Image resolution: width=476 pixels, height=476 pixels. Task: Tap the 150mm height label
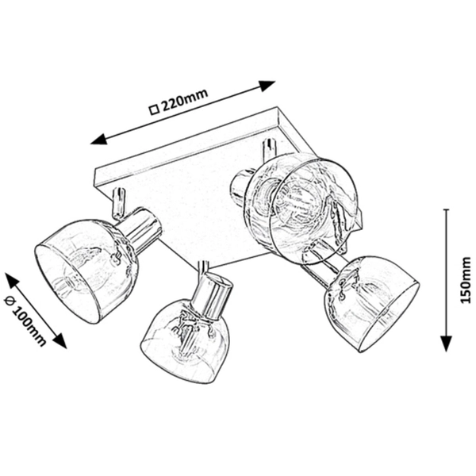pos(466,279)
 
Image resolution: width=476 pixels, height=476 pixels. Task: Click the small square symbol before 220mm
pos(155,109)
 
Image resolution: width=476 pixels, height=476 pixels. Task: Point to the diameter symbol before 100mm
pos(9,301)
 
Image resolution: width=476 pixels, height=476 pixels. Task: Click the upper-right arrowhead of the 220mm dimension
pos(267,86)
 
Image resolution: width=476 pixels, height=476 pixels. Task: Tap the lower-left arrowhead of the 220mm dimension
pos(100,140)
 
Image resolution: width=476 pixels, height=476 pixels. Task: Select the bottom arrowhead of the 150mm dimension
pos(446,344)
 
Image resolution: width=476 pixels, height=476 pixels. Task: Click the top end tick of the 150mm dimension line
pos(446,209)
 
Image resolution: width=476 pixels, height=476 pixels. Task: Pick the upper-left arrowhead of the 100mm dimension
pos(13,280)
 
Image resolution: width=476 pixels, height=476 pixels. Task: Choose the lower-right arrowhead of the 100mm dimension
pos(59,340)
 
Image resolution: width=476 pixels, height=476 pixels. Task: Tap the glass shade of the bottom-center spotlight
pos(186,341)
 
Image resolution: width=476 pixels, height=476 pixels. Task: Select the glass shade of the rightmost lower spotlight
pos(372,305)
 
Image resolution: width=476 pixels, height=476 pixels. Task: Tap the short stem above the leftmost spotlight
pos(118,204)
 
